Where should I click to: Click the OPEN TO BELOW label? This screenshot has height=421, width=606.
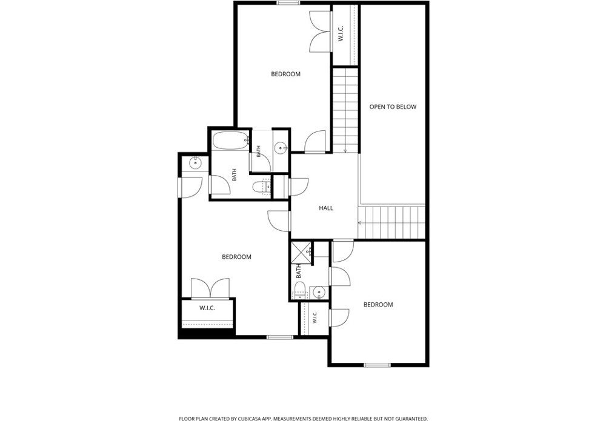393,107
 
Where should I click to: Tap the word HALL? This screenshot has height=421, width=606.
326,208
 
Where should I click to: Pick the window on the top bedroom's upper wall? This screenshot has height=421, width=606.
288,3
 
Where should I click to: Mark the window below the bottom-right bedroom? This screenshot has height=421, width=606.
377,365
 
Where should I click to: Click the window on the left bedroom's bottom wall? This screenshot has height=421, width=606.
280,337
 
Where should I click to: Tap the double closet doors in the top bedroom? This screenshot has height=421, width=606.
321,31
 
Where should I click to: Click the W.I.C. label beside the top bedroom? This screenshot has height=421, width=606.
341,34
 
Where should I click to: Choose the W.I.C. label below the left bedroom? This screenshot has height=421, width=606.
207,308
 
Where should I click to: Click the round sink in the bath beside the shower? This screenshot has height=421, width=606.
319,292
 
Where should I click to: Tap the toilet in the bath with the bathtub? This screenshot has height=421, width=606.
261,188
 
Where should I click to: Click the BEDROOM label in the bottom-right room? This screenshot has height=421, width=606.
378,305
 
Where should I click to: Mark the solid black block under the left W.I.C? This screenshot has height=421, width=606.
207,334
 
